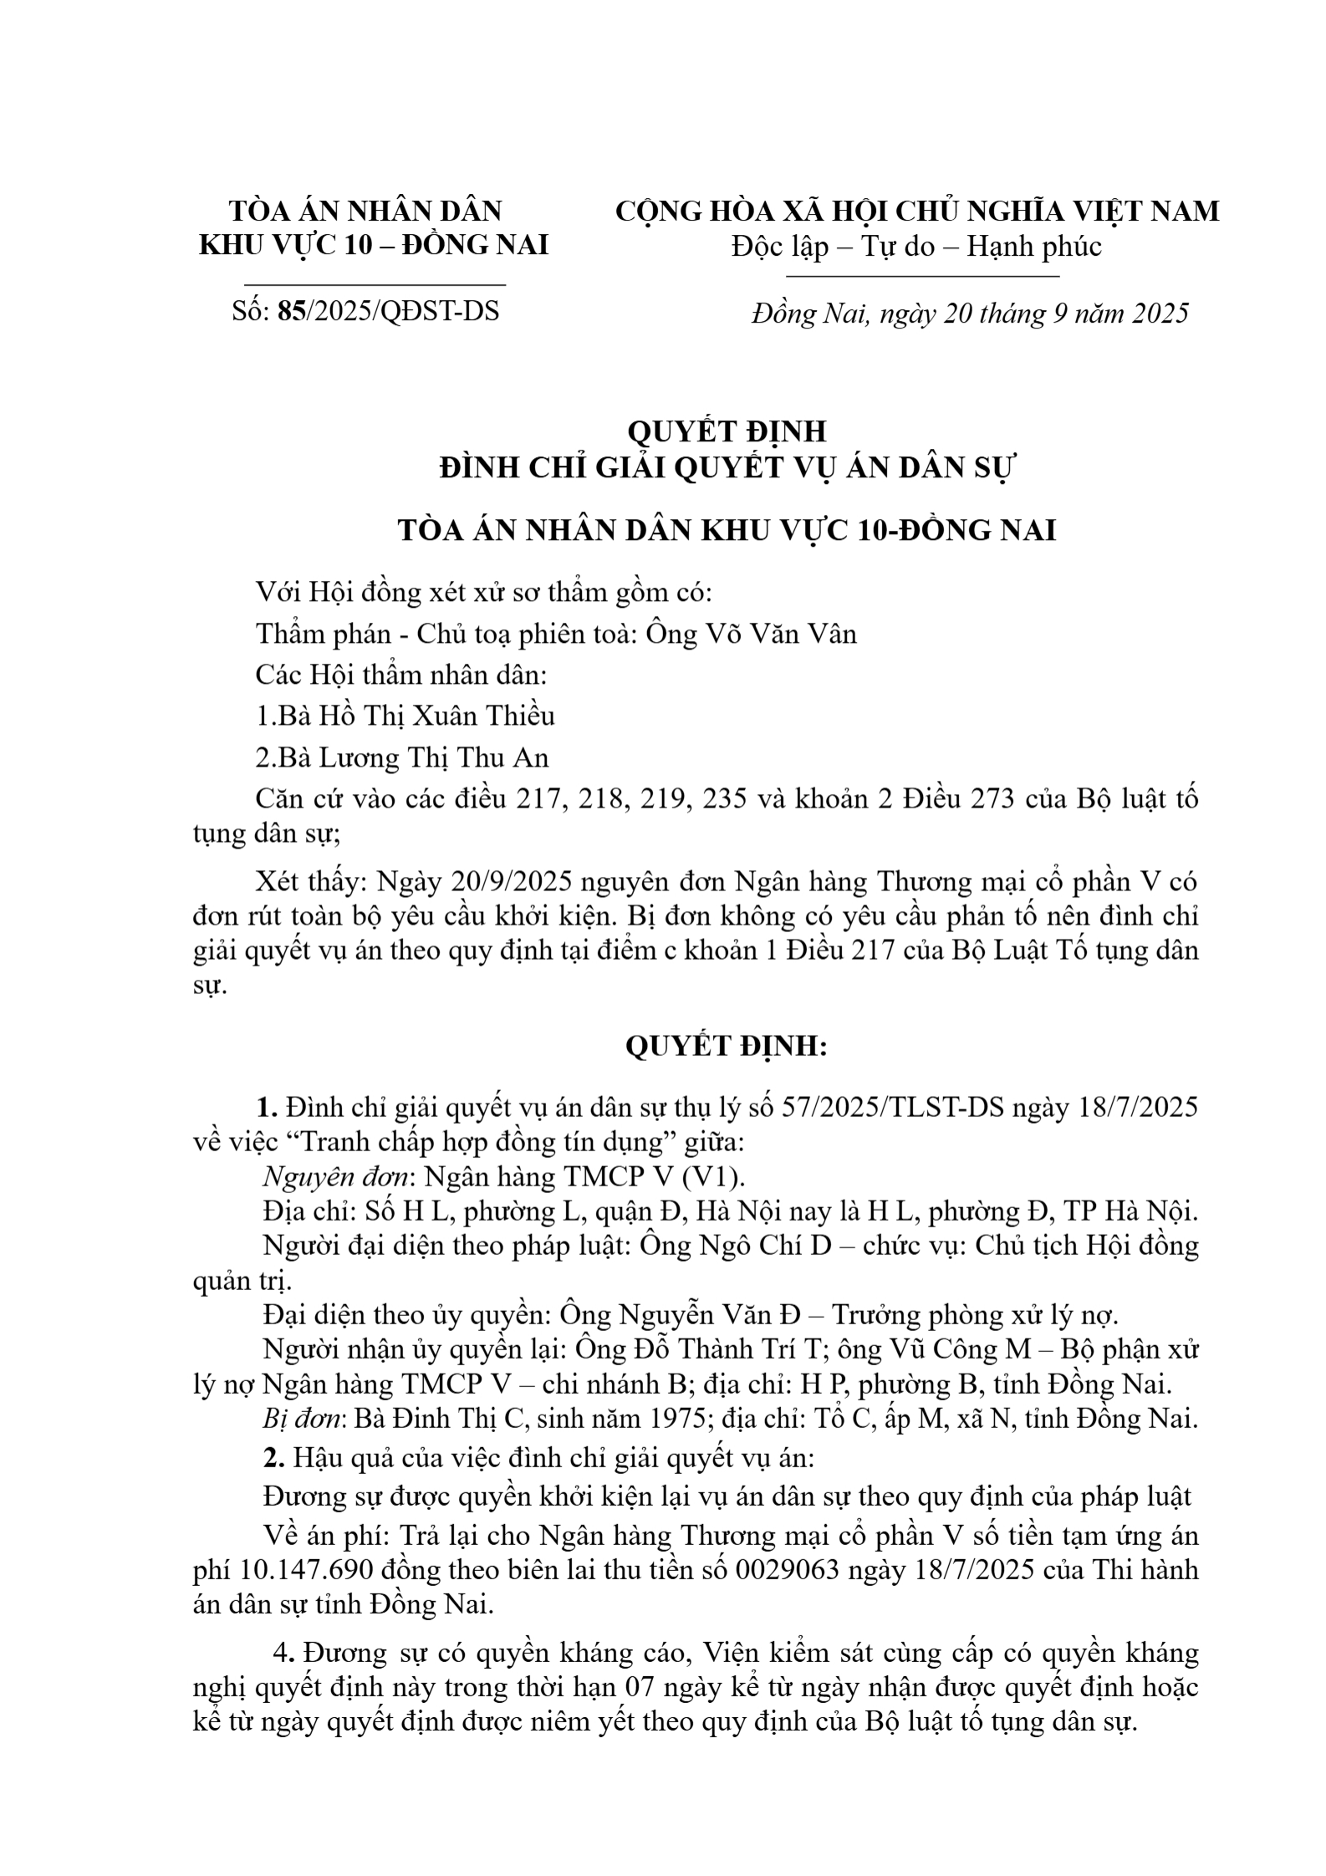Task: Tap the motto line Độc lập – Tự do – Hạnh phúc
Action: coord(916,246)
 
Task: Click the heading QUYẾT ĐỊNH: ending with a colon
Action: coord(726,1046)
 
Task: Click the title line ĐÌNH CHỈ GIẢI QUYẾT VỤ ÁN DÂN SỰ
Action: coord(726,469)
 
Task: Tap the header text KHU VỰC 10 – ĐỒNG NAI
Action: coord(374,245)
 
